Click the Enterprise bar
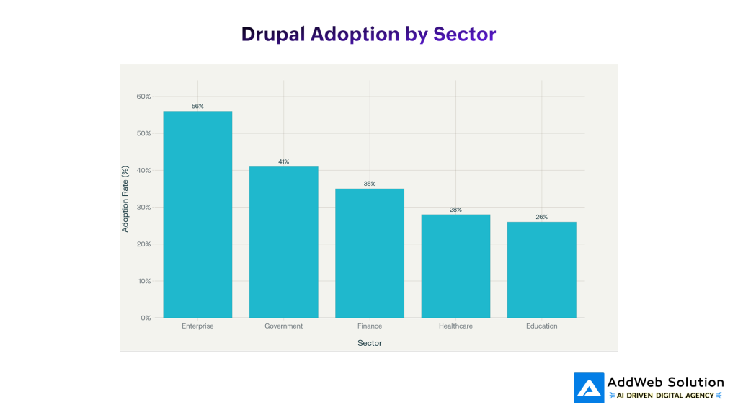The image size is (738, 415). (x=197, y=214)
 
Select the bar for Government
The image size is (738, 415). (x=283, y=242)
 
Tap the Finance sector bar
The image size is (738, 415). (x=370, y=253)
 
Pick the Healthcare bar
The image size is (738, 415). (x=455, y=266)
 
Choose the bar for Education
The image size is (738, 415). (x=541, y=269)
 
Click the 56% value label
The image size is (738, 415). (x=197, y=106)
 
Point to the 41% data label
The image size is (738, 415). (x=283, y=161)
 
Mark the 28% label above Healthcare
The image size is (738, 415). (x=455, y=210)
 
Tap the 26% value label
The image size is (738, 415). (x=541, y=217)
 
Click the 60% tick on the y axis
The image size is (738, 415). (x=143, y=97)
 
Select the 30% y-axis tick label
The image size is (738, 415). (x=143, y=207)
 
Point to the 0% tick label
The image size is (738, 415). (x=145, y=318)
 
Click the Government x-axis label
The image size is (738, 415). (x=283, y=326)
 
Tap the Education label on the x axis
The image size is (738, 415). (x=541, y=326)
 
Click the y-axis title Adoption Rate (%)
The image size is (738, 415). (x=125, y=207)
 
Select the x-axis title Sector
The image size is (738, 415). (x=370, y=343)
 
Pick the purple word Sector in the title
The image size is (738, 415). (x=464, y=34)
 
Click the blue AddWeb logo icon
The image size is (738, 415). (x=589, y=388)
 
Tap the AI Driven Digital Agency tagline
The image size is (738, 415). (x=666, y=395)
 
